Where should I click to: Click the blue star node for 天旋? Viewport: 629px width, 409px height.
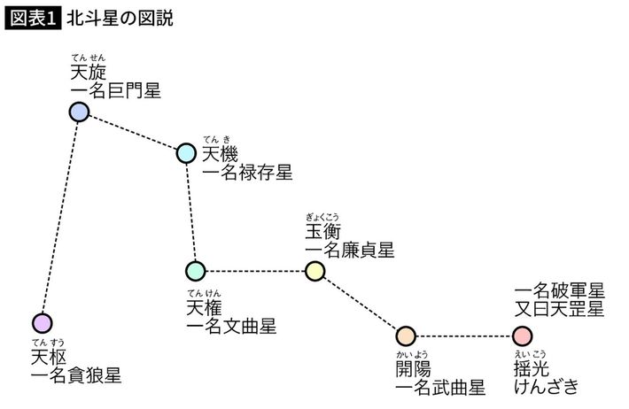[x=80, y=112]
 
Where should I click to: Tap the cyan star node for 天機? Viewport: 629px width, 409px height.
[x=186, y=153]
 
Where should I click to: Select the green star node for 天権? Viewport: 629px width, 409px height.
[x=196, y=270]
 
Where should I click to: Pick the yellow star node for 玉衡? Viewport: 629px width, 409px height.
[x=314, y=270]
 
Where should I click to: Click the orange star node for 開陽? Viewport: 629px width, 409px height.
[x=406, y=336]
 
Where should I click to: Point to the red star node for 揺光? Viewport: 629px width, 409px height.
[x=523, y=336]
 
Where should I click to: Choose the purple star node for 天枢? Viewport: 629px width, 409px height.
[x=42, y=320]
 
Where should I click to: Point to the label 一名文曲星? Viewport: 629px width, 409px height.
[x=231, y=326]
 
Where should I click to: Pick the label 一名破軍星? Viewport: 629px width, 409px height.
[x=559, y=290]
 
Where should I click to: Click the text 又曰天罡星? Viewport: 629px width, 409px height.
[x=559, y=310]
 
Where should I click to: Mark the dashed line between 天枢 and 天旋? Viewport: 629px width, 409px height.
[x=60, y=217]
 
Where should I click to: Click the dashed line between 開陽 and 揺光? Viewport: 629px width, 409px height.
[x=464, y=336]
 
